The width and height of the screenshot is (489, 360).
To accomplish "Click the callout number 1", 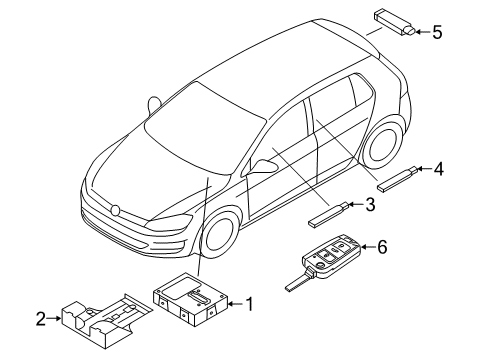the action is [249, 304].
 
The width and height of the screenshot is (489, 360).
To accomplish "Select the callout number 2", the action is [41, 319].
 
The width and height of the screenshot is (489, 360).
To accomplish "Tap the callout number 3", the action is [370, 204].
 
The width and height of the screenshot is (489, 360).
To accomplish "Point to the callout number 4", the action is [438, 169].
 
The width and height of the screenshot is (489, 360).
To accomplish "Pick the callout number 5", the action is [437, 32].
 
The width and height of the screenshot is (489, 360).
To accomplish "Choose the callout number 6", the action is [382, 247].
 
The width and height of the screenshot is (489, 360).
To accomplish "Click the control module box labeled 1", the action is [190, 299].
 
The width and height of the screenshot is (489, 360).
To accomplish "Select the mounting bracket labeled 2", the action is [106, 320].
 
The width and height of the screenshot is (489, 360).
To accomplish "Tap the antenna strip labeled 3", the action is [329, 215].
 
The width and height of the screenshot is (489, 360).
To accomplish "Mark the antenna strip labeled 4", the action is [397, 179].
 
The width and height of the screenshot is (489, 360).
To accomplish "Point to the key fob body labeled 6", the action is [332, 256].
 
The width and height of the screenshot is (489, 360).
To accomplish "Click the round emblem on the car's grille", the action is [115, 210].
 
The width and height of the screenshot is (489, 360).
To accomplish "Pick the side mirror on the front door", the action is [264, 166].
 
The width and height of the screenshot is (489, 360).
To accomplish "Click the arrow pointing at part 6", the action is [368, 247].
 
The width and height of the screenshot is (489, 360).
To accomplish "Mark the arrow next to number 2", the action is [54, 318].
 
